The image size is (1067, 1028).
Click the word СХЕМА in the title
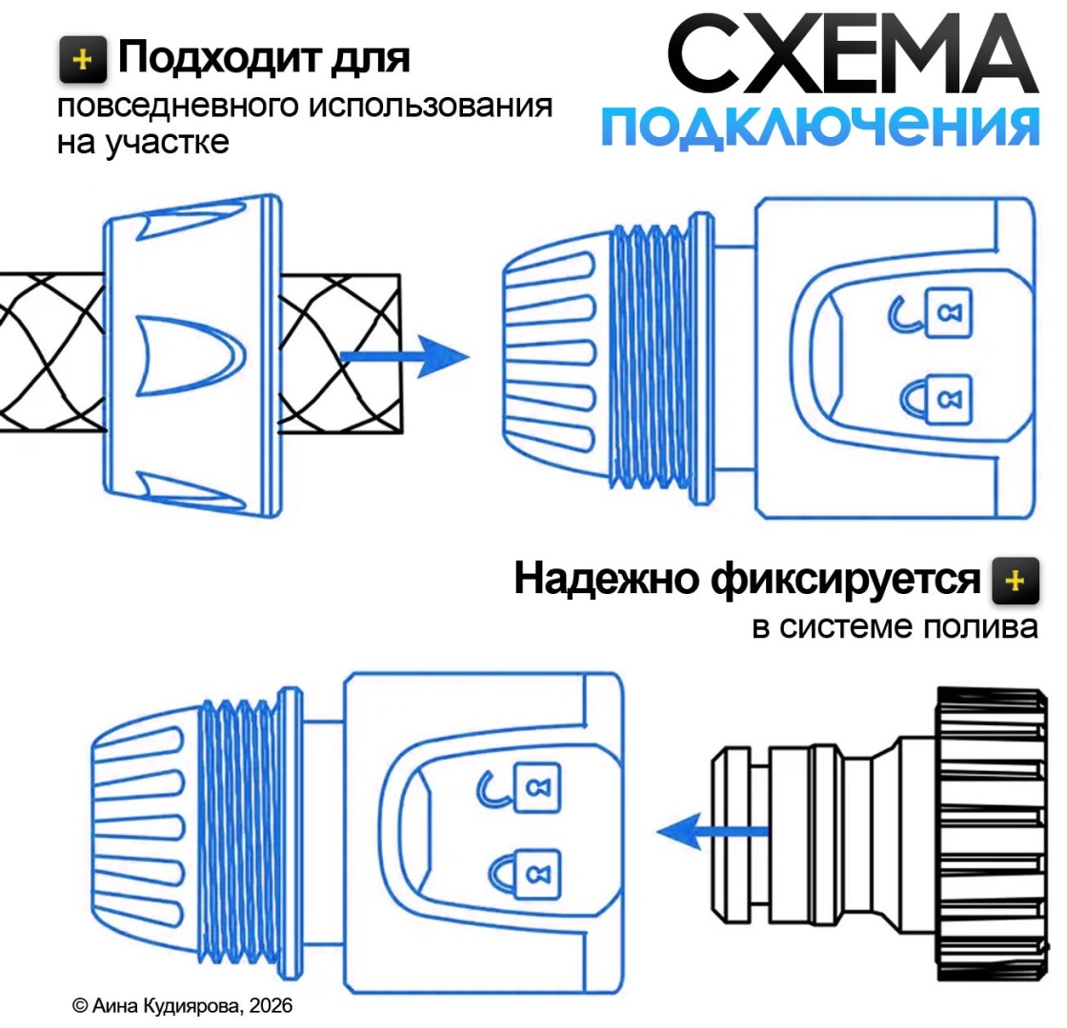pos(853,53)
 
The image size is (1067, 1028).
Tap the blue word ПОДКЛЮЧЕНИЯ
pos(820,127)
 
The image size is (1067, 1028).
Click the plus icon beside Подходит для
pos(82,60)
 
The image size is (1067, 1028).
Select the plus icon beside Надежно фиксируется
pos(1016,581)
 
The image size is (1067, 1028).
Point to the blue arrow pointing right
pos(404,356)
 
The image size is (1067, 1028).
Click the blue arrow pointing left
pos(713,831)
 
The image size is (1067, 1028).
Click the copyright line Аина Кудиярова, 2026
pos(182,1005)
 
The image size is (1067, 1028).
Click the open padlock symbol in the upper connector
pos(930,313)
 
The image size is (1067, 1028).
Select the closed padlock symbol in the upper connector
pos(936,398)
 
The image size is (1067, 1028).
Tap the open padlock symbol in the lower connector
pos(518,787)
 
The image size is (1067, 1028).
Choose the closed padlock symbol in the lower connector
pos(524,874)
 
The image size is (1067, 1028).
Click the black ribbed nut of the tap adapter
pos(992,834)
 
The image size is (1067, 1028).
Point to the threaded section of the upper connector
pos(649,357)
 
